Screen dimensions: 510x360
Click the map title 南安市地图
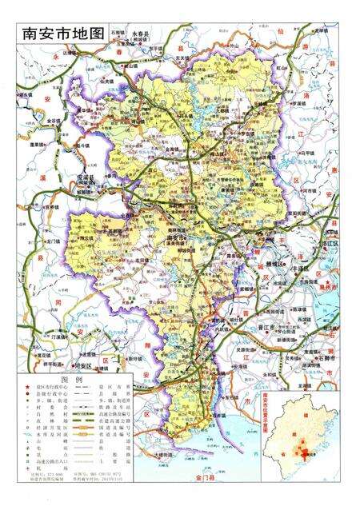click(x=63, y=34)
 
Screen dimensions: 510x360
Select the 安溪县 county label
click(x=86, y=177)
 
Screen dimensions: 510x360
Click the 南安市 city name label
click(x=175, y=237)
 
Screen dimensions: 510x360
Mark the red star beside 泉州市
click(x=320, y=285)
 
